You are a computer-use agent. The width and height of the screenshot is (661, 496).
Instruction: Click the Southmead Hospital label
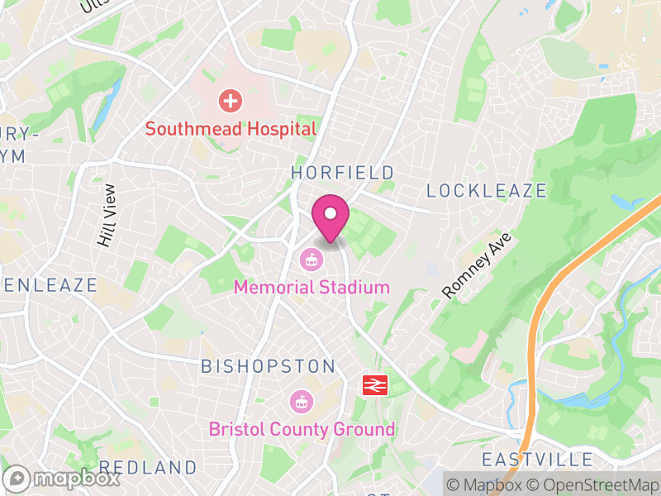(x=231, y=129)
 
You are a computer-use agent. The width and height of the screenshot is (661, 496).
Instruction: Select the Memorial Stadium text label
(x=311, y=288)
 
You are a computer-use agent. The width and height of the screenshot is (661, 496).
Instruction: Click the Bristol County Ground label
(x=302, y=430)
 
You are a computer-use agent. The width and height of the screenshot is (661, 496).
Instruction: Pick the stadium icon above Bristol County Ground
(x=301, y=403)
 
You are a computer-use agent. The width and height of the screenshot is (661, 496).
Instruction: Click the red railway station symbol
(x=375, y=385)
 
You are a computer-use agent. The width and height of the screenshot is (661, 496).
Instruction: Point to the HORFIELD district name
(x=342, y=173)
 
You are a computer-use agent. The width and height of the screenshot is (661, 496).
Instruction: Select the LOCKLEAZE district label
(x=486, y=191)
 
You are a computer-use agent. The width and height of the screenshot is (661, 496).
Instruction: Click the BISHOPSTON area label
(x=269, y=366)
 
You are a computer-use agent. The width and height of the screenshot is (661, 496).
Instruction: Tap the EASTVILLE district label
(x=538, y=460)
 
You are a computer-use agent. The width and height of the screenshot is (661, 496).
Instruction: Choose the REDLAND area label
(x=149, y=468)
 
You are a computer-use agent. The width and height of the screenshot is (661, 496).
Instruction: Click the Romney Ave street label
(x=478, y=266)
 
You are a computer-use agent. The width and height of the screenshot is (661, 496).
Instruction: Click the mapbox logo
(x=62, y=478)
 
